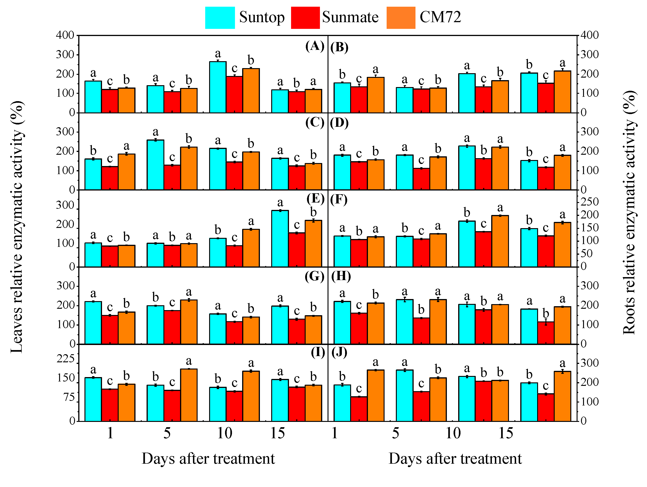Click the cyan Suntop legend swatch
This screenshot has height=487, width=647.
tap(220, 18)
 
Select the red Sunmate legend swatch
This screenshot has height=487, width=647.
tap(305, 18)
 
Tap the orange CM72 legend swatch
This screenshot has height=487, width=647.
tap(401, 18)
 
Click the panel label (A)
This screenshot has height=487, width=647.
tap(315, 46)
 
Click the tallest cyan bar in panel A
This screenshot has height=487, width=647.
tap(218, 87)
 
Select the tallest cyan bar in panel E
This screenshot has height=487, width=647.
tap(280, 239)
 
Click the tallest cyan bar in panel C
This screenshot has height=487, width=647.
tap(155, 165)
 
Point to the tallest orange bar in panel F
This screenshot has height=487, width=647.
tap(500, 241)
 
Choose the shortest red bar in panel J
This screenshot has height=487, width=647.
tap(359, 409)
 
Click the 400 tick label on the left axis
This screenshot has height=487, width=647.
tap(65, 35)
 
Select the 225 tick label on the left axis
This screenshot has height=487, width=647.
tap(66, 359)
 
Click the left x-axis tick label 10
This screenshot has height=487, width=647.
tap(224, 433)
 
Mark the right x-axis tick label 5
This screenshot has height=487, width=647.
tap(395, 433)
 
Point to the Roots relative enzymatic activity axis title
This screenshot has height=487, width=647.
tap(629, 212)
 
